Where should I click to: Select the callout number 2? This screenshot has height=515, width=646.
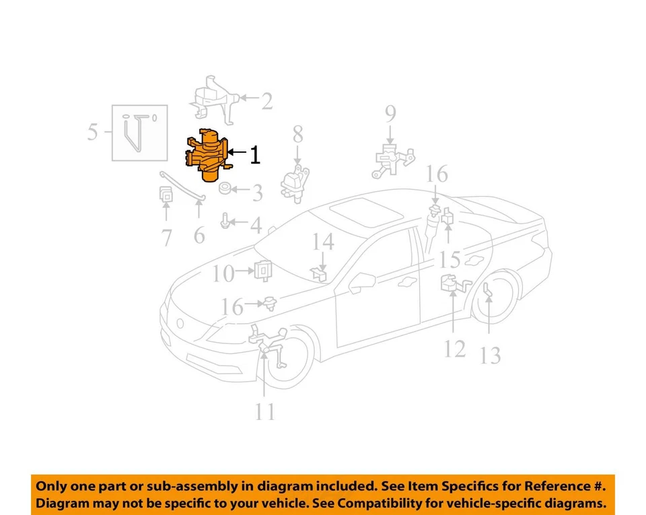(267, 102)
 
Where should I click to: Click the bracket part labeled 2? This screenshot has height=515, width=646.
(214, 102)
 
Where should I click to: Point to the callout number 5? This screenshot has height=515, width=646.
(93, 131)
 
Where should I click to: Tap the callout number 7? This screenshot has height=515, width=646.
(166, 237)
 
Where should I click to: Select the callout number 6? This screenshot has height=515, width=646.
(199, 236)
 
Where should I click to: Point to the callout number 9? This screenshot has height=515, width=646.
(390, 114)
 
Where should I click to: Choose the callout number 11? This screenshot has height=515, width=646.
(265, 411)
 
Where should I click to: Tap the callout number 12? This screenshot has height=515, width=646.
(455, 349)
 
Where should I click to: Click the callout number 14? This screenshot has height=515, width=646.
(323, 242)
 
